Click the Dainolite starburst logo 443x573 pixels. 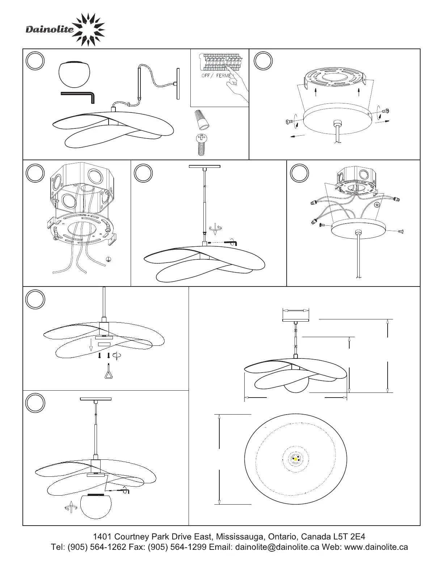pyautogui.click(x=89, y=30)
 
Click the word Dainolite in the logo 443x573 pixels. pyautogui.click(x=50, y=29)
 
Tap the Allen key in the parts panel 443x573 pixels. pyautogui.click(x=77, y=97)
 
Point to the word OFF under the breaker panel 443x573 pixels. pyautogui.click(x=206, y=76)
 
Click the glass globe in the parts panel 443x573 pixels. pyautogui.click(x=74, y=74)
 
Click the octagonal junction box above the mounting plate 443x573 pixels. pyautogui.click(x=82, y=186)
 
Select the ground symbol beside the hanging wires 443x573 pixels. pyautogui.click(x=108, y=259)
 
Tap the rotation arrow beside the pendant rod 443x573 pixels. pyautogui.click(x=215, y=228)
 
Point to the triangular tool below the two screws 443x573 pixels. pyautogui.click(x=109, y=371)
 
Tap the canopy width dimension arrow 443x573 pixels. pyautogui.click(x=295, y=311)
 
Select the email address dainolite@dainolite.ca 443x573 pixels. pyautogui.click(x=277, y=547)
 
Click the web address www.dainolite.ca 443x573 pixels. pyautogui.click(x=376, y=547)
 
